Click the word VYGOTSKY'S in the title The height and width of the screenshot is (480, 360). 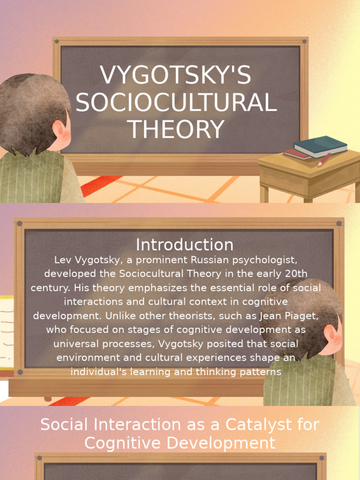tap(176, 76)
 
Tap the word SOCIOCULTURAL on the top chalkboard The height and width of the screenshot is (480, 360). tap(176, 103)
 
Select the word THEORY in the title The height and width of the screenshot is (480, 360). tap(176, 130)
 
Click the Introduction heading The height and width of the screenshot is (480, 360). tap(184, 245)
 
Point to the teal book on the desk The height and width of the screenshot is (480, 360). tap(322, 145)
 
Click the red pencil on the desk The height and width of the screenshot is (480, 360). tap(324, 159)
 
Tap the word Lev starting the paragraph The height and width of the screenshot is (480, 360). tap(62, 260)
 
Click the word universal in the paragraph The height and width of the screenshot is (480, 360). tap(73, 344)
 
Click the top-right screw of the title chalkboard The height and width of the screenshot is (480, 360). tap(304, 41)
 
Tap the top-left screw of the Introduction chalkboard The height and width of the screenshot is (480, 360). tap(20, 224)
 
